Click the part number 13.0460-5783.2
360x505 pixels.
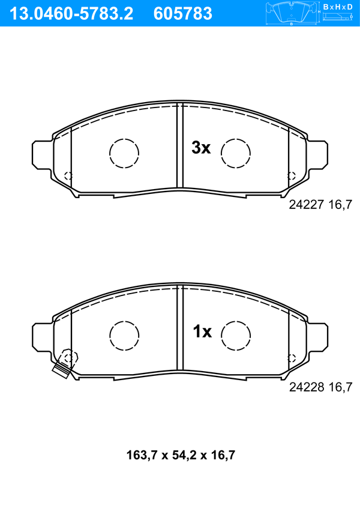(71, 14)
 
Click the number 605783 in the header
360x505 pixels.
(183, 14)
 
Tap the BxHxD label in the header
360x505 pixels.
(337, 7)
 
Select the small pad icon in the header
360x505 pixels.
(292, 13)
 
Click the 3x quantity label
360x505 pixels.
(201, 148)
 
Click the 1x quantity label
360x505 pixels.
(202, 331)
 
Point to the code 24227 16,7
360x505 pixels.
(320, 205)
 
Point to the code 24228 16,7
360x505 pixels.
(320, 387)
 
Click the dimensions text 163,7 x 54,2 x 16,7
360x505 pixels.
(181, 455)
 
